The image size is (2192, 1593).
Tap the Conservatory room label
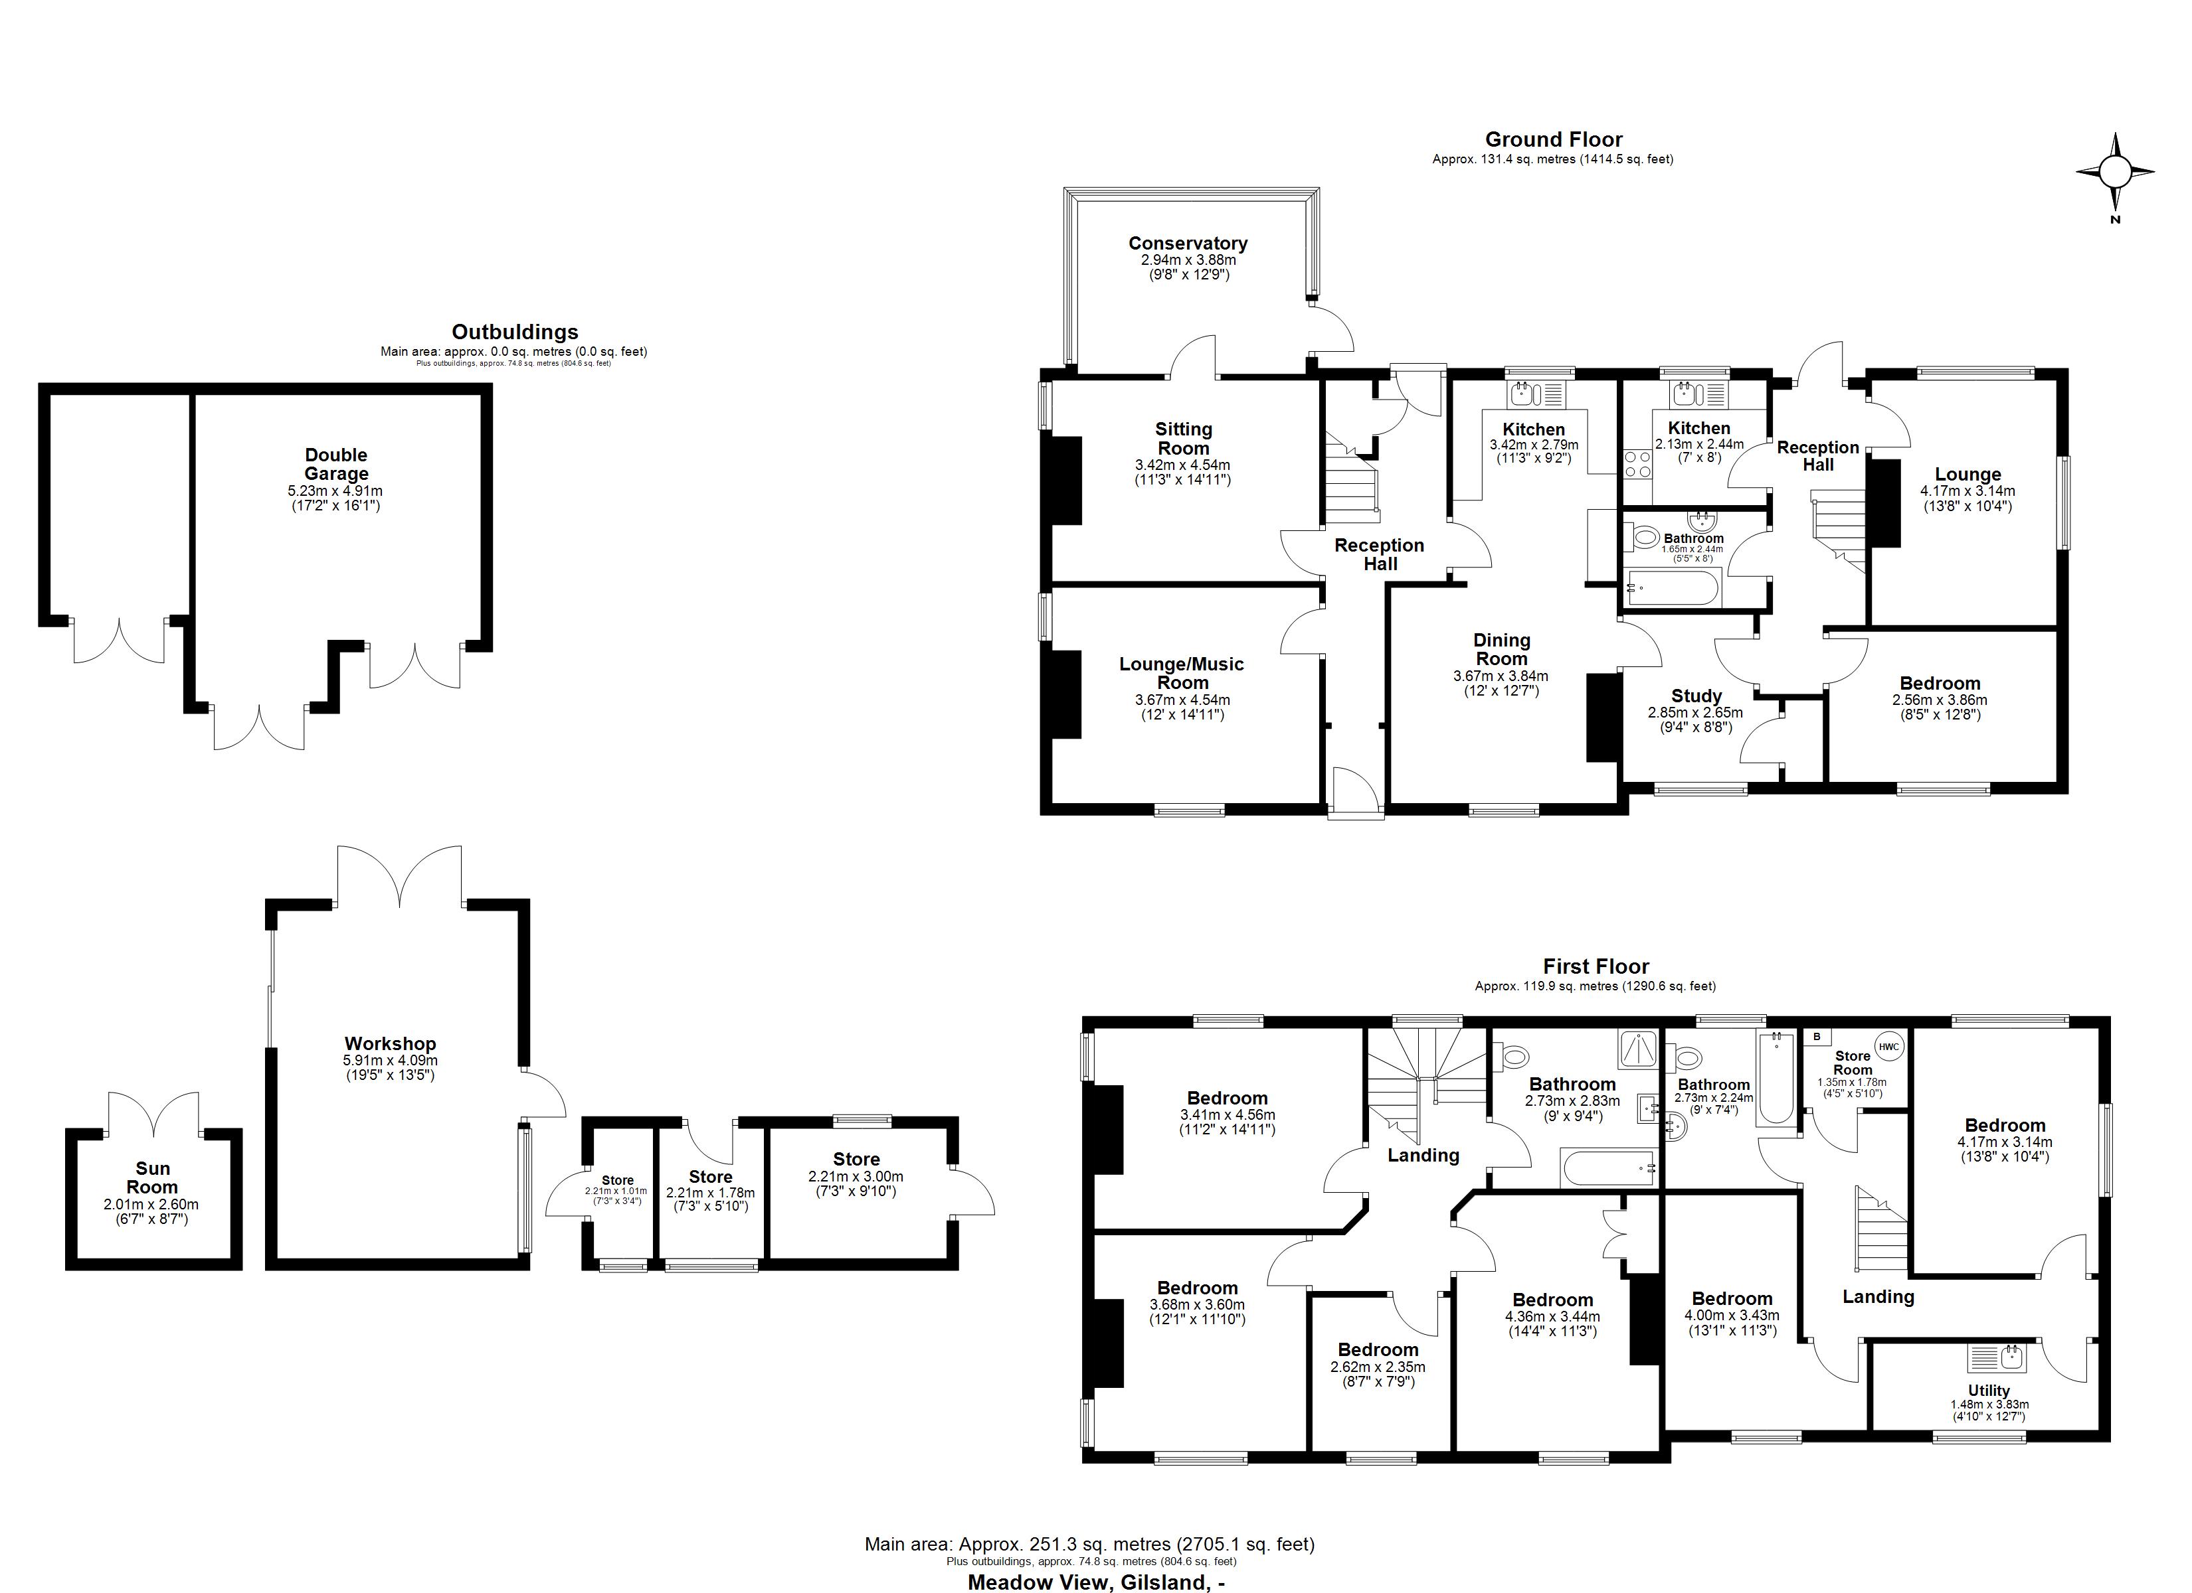click(1188, 244)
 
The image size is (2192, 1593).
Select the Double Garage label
click(336, 464)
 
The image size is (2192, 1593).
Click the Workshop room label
click(391, 1043)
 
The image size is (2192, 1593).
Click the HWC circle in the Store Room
click(1888, 1046)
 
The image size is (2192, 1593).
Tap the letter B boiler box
click(1816, 1037)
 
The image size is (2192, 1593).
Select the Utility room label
click(1988, 1390)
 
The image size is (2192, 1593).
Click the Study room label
click(1696, 696)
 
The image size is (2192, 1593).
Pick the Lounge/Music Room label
click(1181, 672)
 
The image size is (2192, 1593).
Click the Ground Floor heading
click(1553, 139)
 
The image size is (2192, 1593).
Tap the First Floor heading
click(1596, 966)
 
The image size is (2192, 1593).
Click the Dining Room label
click(1501, 649)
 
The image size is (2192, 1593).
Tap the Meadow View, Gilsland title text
click(1096, 1582)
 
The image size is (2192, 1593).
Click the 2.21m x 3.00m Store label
click(856, 1160)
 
